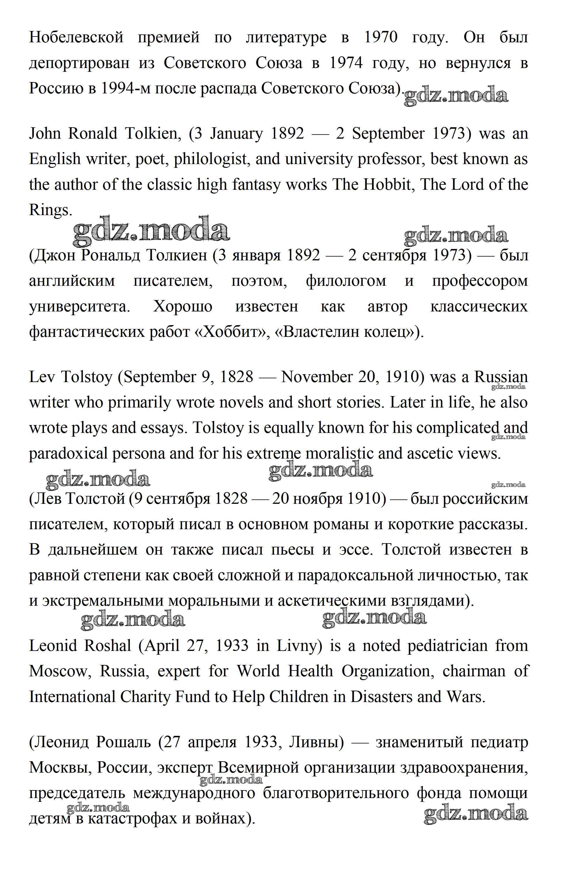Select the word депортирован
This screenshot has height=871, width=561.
pyautogui.click(x=79, y=63)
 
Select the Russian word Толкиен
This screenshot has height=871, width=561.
pyautogui.click(x=176, y=255)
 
